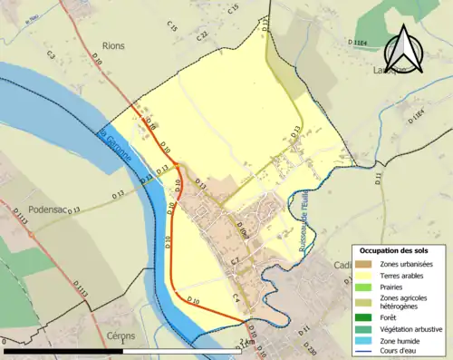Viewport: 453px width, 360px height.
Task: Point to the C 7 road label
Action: tap(234, 262)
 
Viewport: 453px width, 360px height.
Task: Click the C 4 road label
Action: tap(237, 297)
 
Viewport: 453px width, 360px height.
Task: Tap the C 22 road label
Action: tap(202, 35)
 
